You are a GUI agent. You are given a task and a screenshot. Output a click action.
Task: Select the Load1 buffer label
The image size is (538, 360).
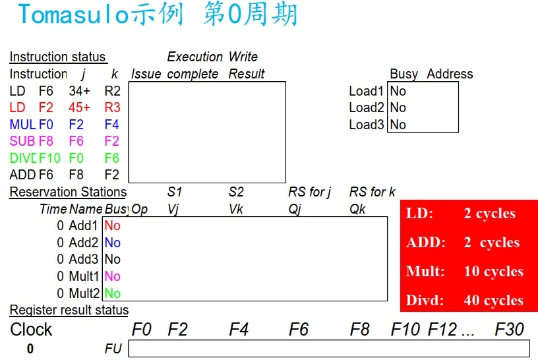coord(366,91)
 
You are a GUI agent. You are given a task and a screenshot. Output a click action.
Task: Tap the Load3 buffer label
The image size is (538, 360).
coord(366,125)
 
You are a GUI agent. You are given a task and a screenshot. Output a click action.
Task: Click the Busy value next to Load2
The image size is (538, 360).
coord(398,107)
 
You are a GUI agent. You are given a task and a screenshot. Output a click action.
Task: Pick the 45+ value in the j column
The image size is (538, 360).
coord(79,107)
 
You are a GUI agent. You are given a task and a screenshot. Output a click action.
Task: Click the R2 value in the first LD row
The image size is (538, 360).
coord(112,91)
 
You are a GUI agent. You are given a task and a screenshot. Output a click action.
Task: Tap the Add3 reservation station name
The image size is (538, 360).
coord(84,259)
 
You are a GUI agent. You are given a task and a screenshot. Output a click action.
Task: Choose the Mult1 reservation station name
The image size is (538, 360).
coord(84,276)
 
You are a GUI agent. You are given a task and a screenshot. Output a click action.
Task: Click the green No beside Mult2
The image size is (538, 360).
coord(113,293)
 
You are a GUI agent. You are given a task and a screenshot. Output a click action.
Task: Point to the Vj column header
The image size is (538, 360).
coord(173,209)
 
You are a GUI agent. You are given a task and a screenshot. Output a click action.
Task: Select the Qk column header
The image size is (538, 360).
coord(358,209)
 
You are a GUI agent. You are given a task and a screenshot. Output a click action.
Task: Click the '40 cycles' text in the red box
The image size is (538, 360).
coord(493,301)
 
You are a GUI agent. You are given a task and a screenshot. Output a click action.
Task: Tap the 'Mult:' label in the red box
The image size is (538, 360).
coord(425,272)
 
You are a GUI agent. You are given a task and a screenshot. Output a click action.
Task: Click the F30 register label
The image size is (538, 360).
coord(510,329)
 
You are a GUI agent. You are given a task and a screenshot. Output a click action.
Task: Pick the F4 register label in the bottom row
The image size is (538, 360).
coord(238,329)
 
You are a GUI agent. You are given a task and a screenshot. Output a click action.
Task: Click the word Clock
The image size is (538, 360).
coord(31,329)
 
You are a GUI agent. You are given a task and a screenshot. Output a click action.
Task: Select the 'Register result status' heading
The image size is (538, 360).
coord(69,310)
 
